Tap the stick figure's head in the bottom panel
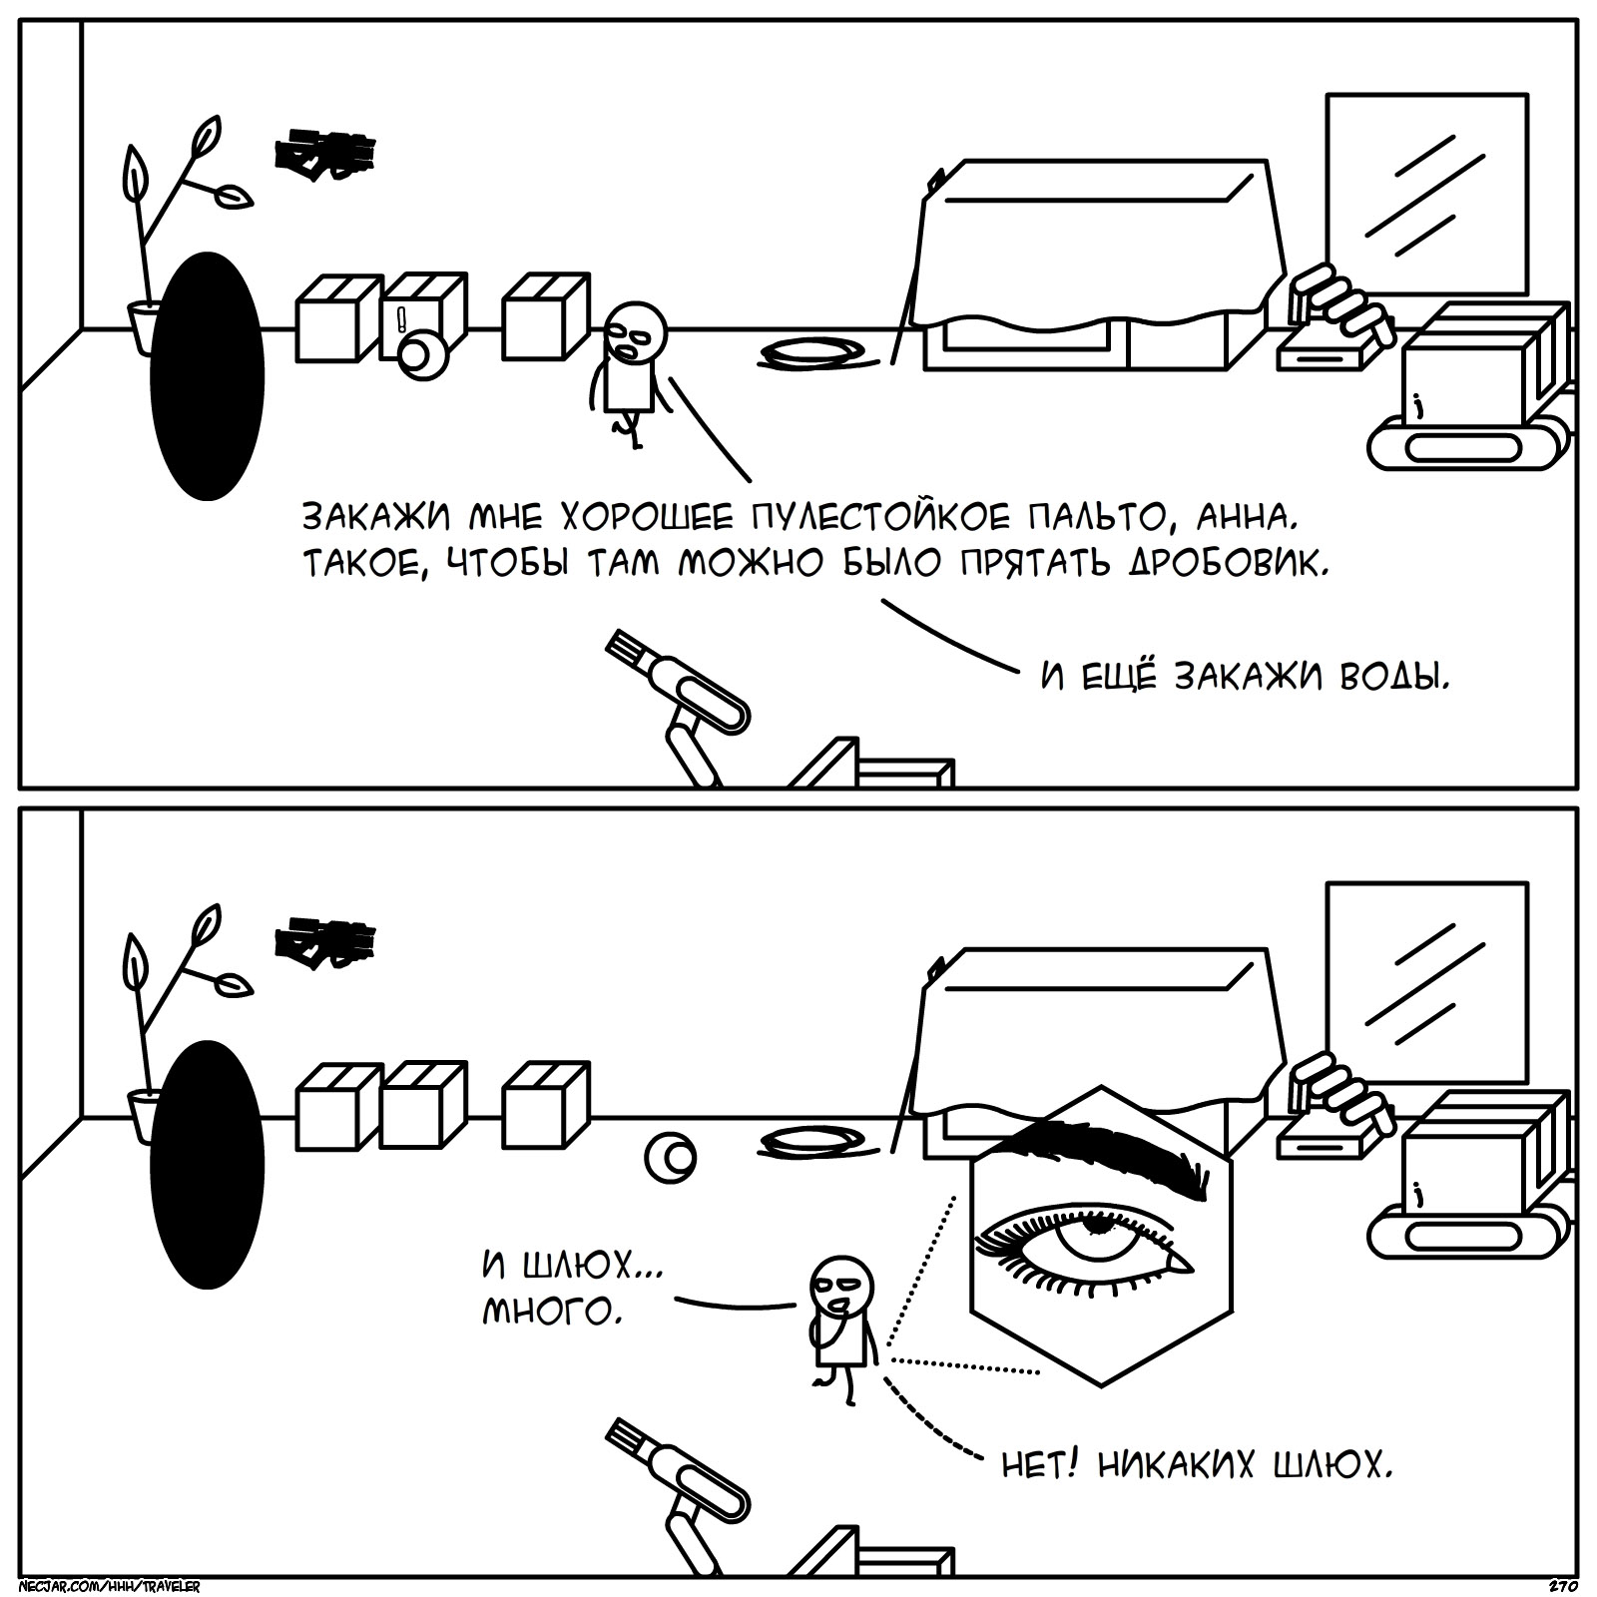840,1287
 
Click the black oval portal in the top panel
207,376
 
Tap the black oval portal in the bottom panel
207,1165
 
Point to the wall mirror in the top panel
1426,195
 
